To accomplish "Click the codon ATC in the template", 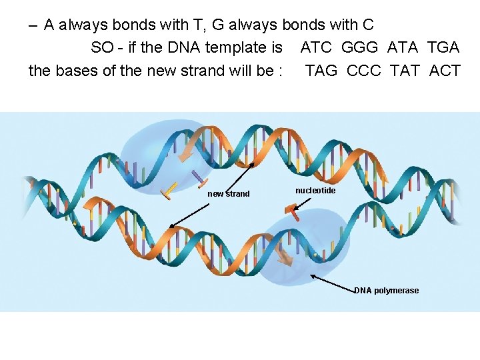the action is click(x=315, y=47).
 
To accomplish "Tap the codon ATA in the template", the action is click(x=403, y=47).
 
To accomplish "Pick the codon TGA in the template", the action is click(x=444, y=47).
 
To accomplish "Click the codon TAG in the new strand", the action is click(x=321, y=70).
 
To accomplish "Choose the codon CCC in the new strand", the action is click(x=365, y=70).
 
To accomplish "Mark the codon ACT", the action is click(x=445, y=70).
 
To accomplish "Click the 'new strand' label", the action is click(x=229, y=194).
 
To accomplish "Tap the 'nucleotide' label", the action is click(x=315, y=191).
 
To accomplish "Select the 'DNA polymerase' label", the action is click(x=387, y=291).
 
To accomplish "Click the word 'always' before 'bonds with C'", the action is click(x=254, y=25).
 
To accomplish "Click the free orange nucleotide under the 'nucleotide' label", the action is click(x=291, y=211).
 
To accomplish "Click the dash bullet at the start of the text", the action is click(x=33, y=25).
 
